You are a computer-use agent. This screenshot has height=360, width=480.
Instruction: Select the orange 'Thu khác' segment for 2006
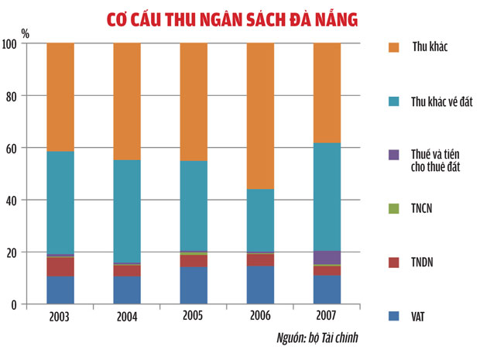pyautogui.click(x=260, y=116)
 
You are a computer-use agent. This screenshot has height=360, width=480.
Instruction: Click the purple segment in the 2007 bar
pyautogui.click(x=327, y=257)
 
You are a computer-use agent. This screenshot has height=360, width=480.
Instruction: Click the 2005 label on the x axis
pyautogui.click(x=194, y=317)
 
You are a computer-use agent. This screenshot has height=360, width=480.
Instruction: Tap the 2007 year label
pyautogui.click(x=327, y=317)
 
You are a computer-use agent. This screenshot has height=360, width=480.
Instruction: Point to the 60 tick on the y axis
pyautogui.click(x=13, y=148)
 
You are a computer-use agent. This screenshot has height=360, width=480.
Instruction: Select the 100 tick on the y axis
pyautogui.click(x=11, y=44)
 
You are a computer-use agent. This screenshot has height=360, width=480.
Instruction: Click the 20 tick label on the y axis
pyautogui.click(x=13, y=252)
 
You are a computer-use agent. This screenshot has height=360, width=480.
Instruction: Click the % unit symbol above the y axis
pyautogui.click(x=25, y=33)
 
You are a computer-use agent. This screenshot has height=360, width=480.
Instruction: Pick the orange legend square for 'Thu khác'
pyautogui.click(x=392, y=47)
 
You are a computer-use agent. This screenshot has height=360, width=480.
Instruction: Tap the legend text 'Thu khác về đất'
pyautogui.click(x=442, y=103)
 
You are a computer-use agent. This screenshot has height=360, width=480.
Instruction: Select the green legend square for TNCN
pyautogui.click(x=392, y=208)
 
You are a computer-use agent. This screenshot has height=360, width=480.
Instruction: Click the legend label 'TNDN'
pyautogui.click(x=426, y=262)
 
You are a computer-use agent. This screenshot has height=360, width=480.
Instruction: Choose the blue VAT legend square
pyautogui.click(x=392, y=316)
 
